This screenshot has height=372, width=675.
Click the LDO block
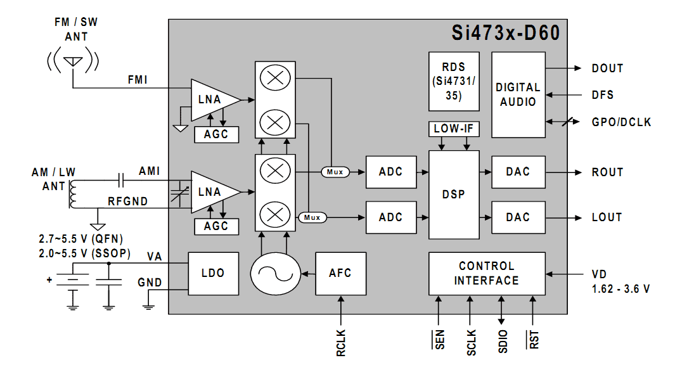pyautogui.click(x=212, y=273)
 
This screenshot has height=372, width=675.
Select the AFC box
pyautogui.click(x=340, y=273)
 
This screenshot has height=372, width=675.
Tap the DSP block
pyautogui.click(x=454, y=195)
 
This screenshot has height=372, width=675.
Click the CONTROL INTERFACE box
pyautogui.click(x=486, y=273)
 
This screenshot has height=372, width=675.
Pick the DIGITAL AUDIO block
pyautogui.click(x=518, y=94)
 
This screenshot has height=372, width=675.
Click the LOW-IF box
pyautogui.click(x=454, y=129)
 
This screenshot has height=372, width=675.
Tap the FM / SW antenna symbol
pyautogui.click(x=74, y=61)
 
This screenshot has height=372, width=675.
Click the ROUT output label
pyautogui.click(x=607, y=172)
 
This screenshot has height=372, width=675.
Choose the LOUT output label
pyautogui.click(x=607, y=217)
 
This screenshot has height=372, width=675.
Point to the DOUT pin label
pyautogui.click(x=607, y=68)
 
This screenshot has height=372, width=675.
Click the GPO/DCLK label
pyautogui.click(x=621, y=122)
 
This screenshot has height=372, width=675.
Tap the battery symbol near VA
pyautogui.click(x=73, y=279)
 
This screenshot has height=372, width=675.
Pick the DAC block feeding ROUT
pyautogui.click(x=518, y=172)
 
